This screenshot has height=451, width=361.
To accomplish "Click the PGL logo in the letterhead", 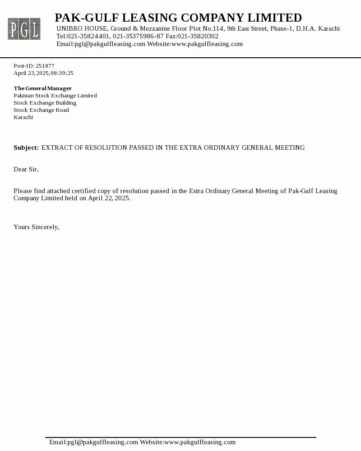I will coord(24,29).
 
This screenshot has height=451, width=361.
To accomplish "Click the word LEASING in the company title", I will coord(150,18).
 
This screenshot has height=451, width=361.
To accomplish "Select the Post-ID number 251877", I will coord(45,66).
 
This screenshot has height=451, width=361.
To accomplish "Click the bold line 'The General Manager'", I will coord(42,88).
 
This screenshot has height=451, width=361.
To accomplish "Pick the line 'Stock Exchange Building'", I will coord(45,103).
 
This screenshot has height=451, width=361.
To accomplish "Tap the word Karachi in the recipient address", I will coord(23,117).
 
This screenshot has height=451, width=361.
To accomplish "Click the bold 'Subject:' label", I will coord(26,148).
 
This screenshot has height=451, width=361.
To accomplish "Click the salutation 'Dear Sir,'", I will coord(26,170).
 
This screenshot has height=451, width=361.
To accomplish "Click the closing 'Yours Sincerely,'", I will coord(37,227).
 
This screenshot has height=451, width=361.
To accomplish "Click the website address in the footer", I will coord(200,442).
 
